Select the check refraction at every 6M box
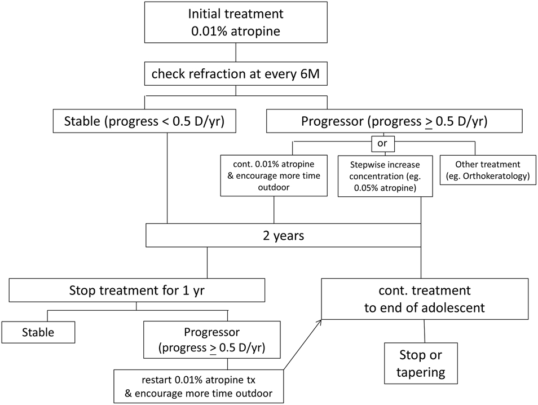236,74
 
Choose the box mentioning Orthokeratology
487,169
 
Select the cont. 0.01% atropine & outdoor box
274,175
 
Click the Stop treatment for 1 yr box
136,291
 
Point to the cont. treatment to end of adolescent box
425,298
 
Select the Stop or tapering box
422,364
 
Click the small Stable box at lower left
38,332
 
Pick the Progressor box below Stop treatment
212,338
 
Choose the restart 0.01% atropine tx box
199,386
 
